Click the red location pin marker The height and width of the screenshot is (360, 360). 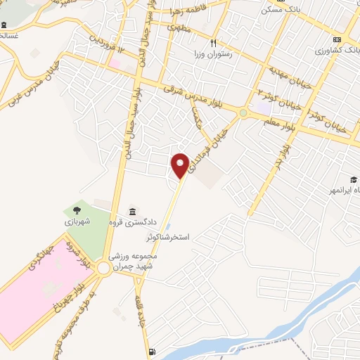181,165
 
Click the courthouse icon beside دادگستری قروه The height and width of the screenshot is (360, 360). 133,212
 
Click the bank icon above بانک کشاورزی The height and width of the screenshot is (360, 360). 337,39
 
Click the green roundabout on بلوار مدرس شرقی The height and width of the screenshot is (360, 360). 243,112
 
